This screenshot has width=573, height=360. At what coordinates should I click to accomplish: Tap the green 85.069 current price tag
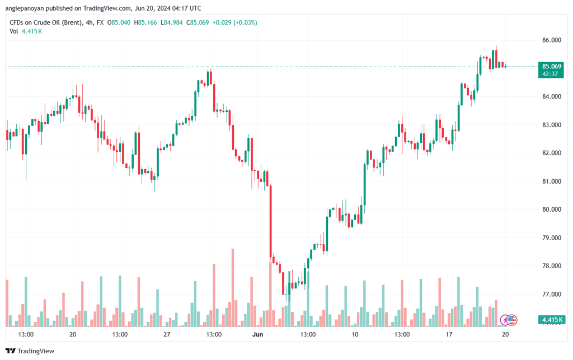click(x=552, y=66)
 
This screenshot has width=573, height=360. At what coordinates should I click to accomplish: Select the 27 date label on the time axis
click(x=167, y=334)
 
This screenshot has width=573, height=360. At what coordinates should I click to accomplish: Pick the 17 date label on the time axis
click(x=449, y=334)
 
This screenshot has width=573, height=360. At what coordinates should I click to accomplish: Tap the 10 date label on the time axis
click(x=355, y=334)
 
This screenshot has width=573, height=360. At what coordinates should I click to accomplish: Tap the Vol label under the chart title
click(x=14, y=31)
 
